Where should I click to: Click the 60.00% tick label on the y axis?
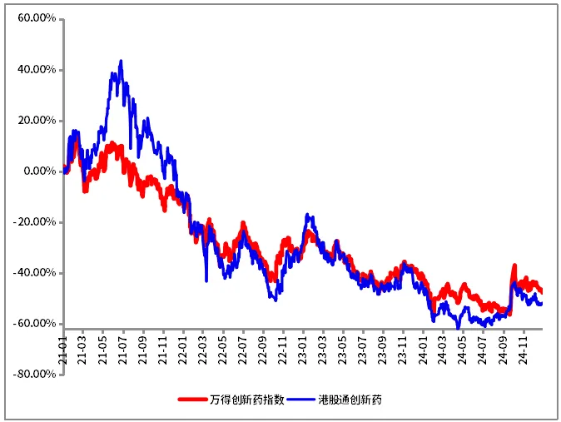pyautogui.click(x=37, y=18)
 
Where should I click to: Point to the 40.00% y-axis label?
pyautogui.click(x=37, y=69)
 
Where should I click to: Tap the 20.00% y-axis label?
pyautogui.click(x=37, y=120)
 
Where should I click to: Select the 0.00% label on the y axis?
pyautogui.click(x=40, y=171)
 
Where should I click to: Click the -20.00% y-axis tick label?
pyautogui.click(x=35, y=222)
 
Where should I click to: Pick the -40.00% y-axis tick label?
pyautogui.click(x=35, y=273)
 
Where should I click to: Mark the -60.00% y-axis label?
pyautogui.click(x=35, y=324)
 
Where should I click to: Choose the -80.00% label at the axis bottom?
pyautogui.click(x=35, y=375)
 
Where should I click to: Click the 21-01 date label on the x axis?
pyautogui.click(x=62, y=350)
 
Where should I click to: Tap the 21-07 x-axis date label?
pyautogui.click(x=122, y=350)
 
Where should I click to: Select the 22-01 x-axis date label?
pyautogui.click(x=183, y=350)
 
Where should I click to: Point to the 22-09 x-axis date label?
pyautogui.click(x=263, y=350)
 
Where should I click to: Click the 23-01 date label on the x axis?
pyautogui.click(x=303, y=350)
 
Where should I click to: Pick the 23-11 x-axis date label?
pyautogui.click(x=403, y=350)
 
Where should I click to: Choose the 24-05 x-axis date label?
pyautogui.click(x=463, y=350)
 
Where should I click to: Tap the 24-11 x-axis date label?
pyautogui.click(x=523, y=350)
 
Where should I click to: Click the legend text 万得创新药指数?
pyautogui.click(x=247, y=400)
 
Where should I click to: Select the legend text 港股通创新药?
pyautogui.click(x=350, y=400)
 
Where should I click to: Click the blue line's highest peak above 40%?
pyautogui.click(x=121, y=61)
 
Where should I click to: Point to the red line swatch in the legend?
pyautogui.click(x=193, y=400)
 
